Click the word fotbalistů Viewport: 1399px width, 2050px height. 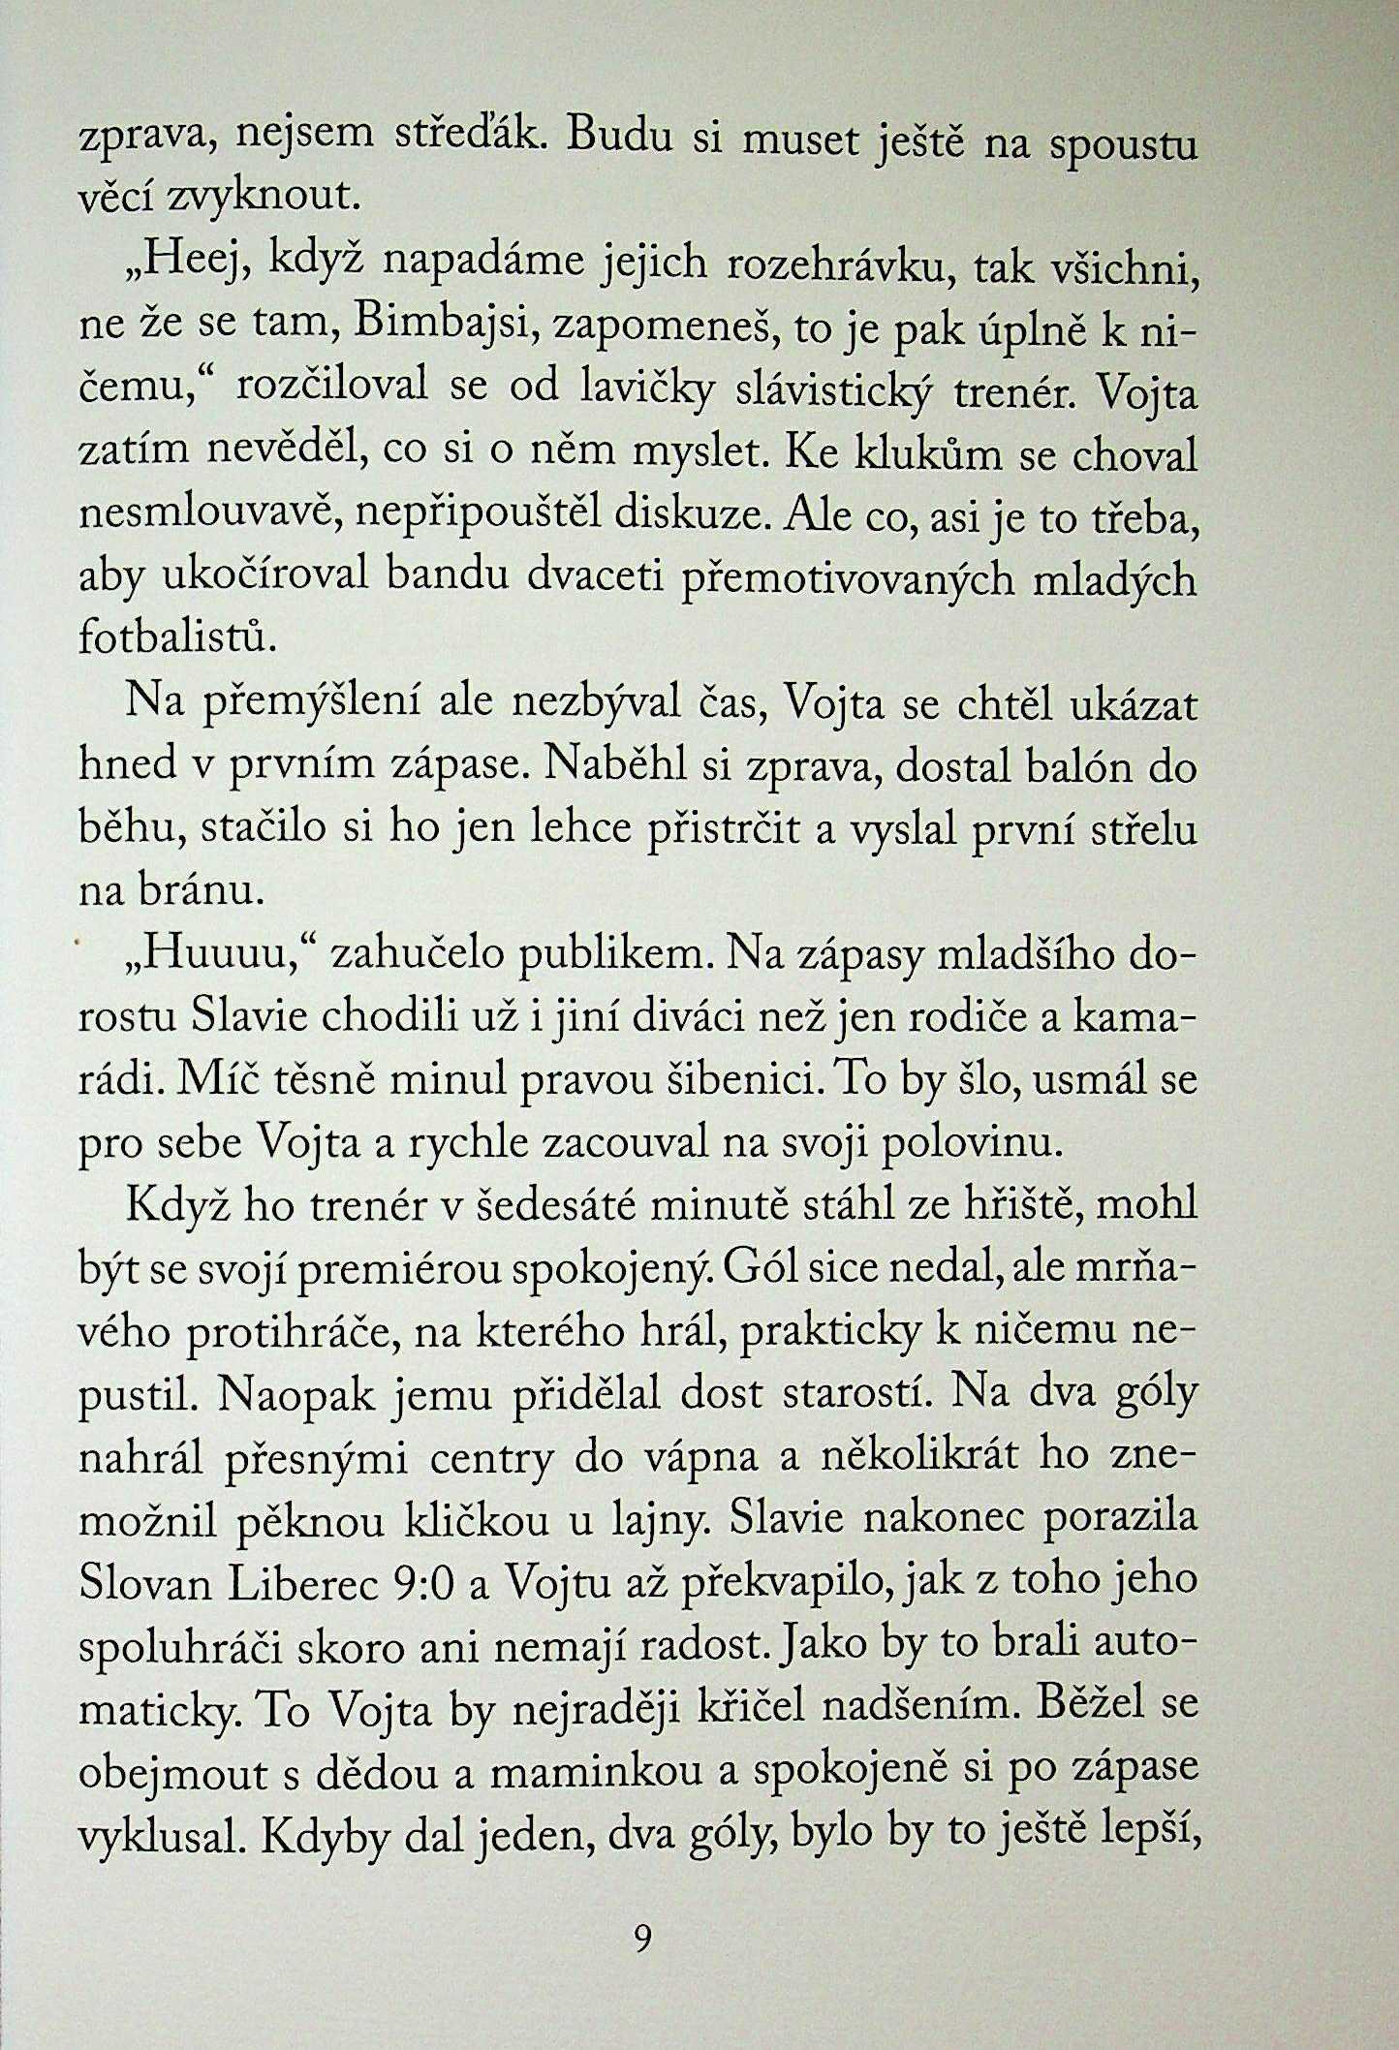(171, 639)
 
